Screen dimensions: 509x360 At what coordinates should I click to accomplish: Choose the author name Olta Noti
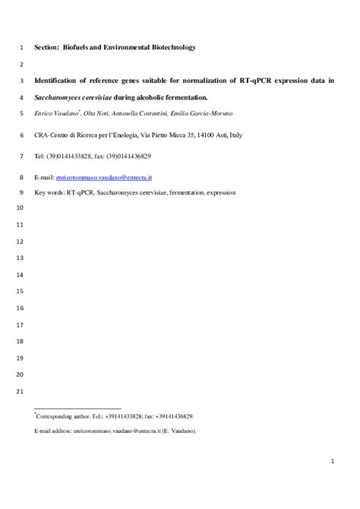[93, 114]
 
